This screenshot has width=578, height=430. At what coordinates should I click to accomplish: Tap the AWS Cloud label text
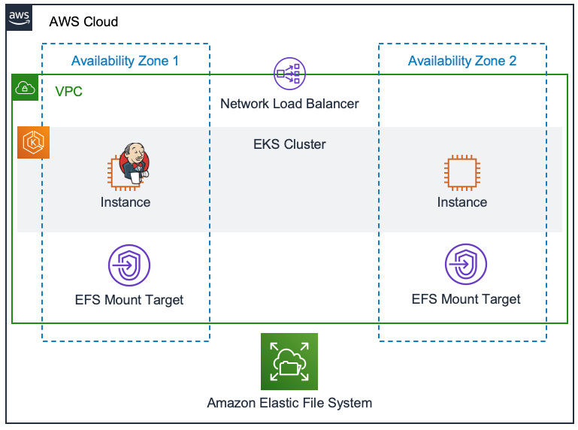(83, 22)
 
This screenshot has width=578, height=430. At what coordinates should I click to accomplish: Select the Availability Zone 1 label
(125, 61)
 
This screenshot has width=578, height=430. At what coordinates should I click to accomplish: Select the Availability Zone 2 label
(461, 61)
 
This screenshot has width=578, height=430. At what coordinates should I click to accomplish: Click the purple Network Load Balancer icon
(289, 74)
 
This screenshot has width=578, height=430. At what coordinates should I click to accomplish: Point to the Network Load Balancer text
(289, 104)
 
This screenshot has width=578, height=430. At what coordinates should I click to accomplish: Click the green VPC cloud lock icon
(26, 89)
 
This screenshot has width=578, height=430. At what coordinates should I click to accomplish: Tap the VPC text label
(68, 92)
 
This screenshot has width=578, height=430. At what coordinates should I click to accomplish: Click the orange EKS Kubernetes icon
(34, 143)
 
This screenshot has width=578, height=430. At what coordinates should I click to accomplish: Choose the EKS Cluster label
(289, 144)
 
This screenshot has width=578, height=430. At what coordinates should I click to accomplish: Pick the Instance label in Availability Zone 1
(125, 202)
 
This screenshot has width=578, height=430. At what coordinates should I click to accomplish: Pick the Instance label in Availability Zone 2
(461, 202)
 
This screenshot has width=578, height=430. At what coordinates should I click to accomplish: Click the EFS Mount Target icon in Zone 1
(129, 265)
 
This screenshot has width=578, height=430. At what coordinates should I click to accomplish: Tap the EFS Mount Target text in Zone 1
(129, 299)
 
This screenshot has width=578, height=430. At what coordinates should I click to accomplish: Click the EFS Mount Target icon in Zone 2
(465, 265)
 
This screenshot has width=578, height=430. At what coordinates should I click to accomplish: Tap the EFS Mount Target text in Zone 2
(465, 299)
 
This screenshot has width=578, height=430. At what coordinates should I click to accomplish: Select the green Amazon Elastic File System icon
(289, 362)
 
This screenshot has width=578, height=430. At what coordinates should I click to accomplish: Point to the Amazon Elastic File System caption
(289, 403)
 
